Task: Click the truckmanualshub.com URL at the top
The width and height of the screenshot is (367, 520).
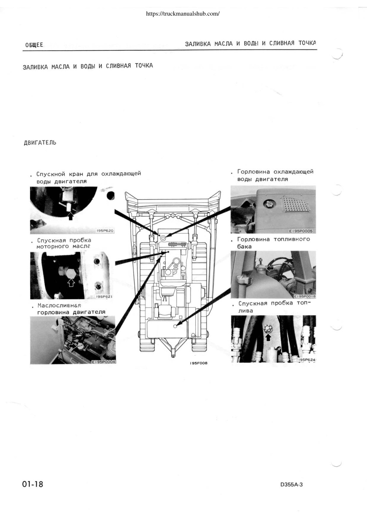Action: (x=183, y=14)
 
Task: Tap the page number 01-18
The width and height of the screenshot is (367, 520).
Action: (x=33, y=484)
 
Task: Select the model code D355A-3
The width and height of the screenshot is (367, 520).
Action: (x=292, y=485)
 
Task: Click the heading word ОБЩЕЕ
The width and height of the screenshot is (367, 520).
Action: (x=34, y=45)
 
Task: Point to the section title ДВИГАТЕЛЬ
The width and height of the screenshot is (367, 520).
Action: (x=40, y=143)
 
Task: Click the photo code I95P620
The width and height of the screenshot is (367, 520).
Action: (x=105, y=231)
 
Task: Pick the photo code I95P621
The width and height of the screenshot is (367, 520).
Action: (x=105, y=296)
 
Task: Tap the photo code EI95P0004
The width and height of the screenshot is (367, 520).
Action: (x=104, y=362)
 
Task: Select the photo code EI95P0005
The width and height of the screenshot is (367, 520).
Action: (x=301, y=231)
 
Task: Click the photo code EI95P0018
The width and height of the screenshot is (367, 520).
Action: (x=304, y=296)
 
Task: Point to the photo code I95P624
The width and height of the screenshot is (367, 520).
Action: (x=307, y=360)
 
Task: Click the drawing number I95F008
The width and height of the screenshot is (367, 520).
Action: (x=198, y=363)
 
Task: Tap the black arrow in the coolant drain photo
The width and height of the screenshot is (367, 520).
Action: (x=71, y=216)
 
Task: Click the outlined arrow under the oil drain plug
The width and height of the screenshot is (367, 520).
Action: (x=71, y=283)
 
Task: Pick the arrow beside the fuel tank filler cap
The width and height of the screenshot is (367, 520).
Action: (x=270, y=269)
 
